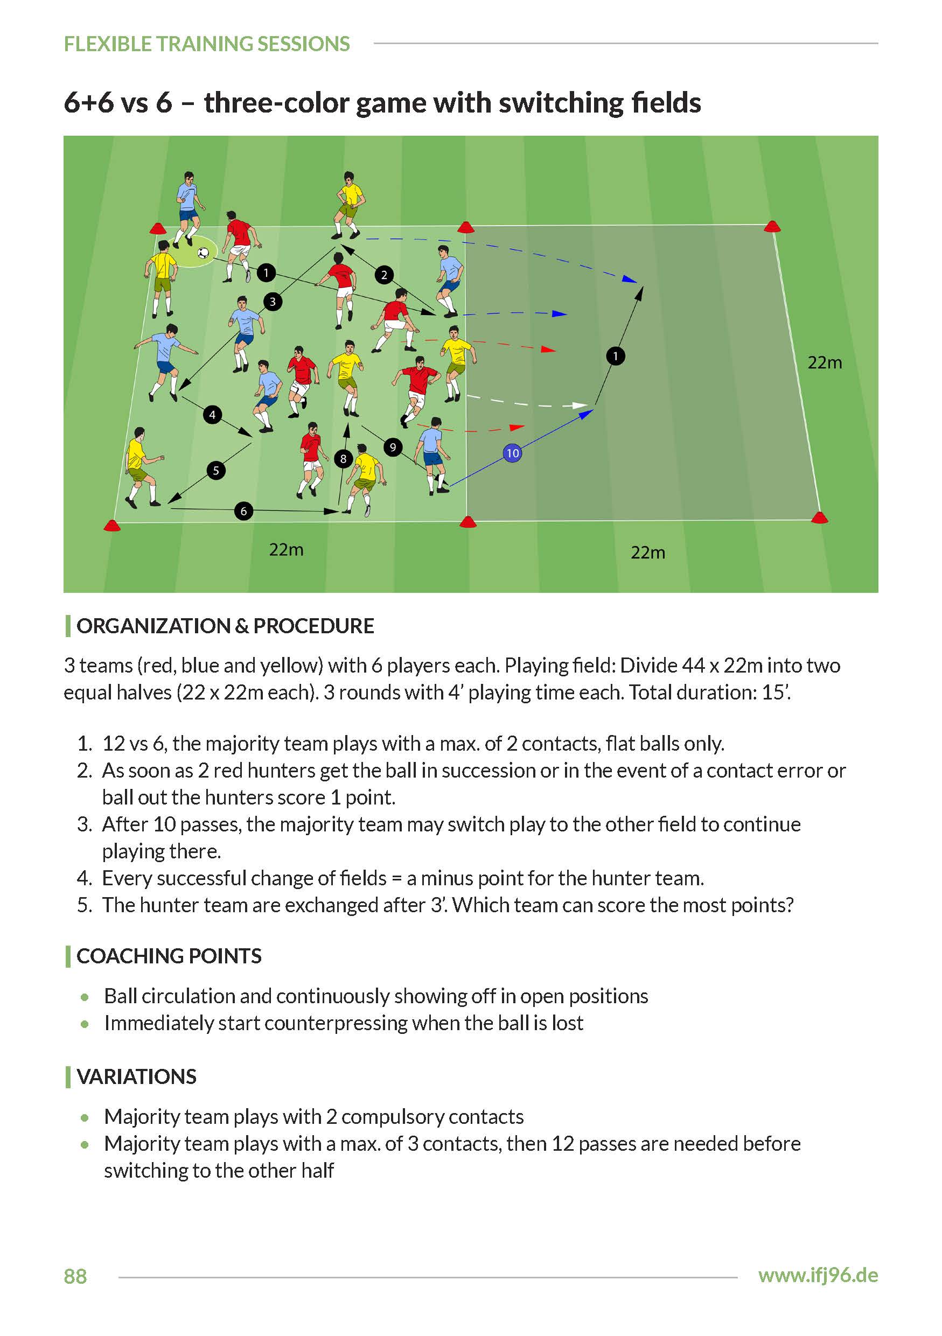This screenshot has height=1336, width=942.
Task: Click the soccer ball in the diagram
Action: tap(203, 253)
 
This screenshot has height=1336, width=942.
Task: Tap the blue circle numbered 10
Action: tap(512, 453)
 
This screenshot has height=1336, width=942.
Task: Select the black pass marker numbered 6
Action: tap(243, 511)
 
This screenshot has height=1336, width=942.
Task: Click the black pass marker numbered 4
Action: tap(212, 414)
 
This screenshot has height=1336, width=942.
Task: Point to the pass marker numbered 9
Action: tap(393, 446)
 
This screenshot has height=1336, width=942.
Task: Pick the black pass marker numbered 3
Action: tap(273, 302)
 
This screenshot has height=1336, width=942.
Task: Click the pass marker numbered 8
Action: tap(343, 458)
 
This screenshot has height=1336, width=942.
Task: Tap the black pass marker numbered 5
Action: tap(216, 470)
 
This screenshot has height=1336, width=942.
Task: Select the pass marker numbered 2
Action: tap(384, 275)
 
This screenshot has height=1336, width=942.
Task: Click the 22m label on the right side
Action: tap(825, 362)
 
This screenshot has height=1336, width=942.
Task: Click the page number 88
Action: tap(75, 1277)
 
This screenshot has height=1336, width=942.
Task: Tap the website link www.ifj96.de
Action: tap(818, 1276)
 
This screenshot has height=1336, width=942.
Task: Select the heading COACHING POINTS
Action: tap(169, 956)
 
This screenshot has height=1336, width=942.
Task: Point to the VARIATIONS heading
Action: tap(136, 1076)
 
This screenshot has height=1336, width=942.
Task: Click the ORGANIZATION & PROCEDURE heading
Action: tap(225, 626)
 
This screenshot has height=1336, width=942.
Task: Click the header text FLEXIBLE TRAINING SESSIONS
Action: tap(207, 44)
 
